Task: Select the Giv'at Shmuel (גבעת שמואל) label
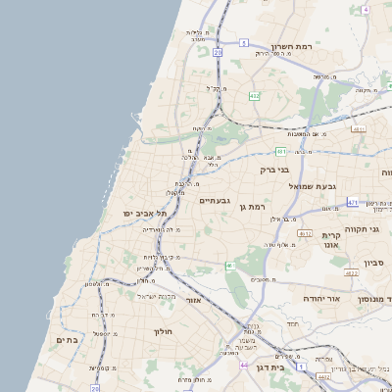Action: click(313, 185)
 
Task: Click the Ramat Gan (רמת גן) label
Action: click(253, 207)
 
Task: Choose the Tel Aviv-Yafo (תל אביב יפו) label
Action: click(145, 213)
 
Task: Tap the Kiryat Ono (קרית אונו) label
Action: click(330, 241)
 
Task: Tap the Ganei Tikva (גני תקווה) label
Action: click(373, 228)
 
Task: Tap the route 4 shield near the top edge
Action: click(365, 9)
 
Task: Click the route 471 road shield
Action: click(352, 202)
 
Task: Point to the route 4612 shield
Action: click(305, 233)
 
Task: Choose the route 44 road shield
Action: click(242, 364)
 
